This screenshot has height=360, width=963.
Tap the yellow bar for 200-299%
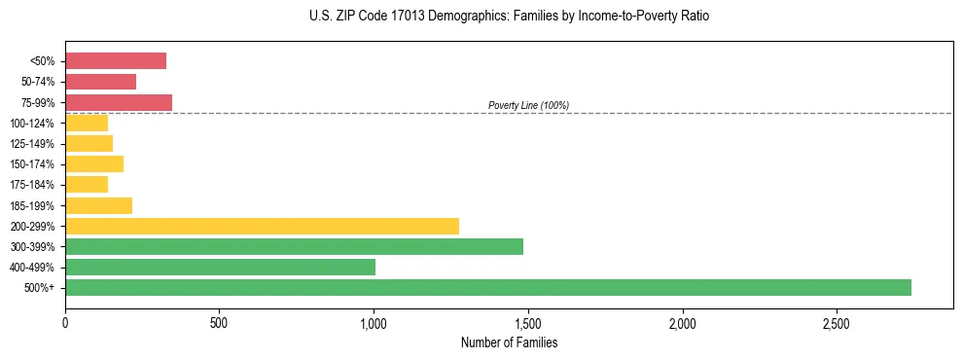coord(262,226)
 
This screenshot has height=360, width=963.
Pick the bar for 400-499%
coord(220,267)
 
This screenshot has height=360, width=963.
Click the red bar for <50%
coord(116,61)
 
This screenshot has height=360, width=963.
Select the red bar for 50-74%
coord(100,82)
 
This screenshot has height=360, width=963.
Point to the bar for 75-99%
coord(119,102)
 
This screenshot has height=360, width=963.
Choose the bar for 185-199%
coord(98,205)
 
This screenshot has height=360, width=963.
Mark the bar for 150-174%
coord(94,164)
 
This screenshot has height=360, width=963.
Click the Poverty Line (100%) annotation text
coord(528,105)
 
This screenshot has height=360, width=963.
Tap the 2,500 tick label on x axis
coord(836,322)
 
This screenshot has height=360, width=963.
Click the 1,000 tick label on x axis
coord(374,322)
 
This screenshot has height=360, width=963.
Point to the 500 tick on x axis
coord(219,322)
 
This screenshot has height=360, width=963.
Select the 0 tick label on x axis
coord(65,322)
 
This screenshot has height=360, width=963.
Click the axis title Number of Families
coord(509,342)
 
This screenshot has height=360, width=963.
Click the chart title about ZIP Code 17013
coord(509,17)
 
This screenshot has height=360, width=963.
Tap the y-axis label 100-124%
coord(32,124)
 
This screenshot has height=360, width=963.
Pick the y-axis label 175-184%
coord(32,185)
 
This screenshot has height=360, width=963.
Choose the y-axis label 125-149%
coord(32,144)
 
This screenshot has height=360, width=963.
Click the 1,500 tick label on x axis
coord(527,322)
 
